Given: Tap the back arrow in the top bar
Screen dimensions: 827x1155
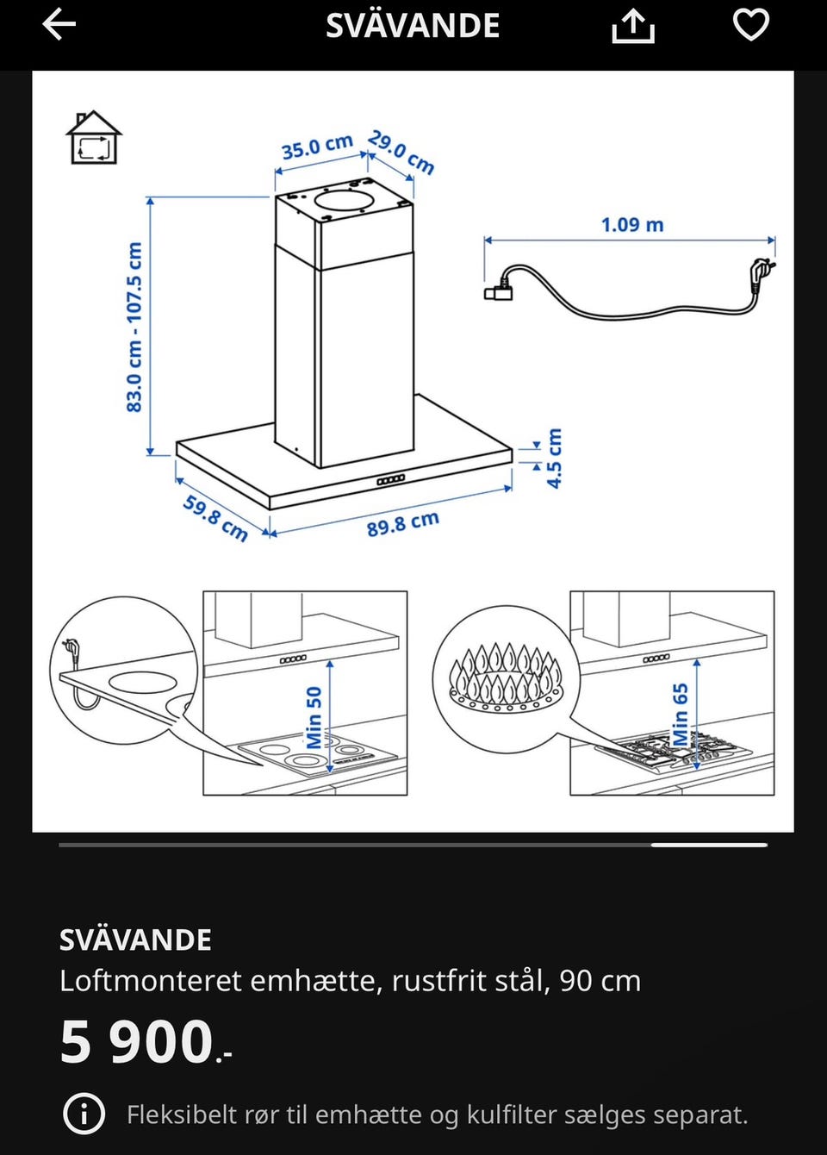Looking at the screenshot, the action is coord(59,24).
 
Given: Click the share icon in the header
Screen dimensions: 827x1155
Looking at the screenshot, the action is coord(633,27).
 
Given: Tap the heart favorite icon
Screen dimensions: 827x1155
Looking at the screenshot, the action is coord(750,24).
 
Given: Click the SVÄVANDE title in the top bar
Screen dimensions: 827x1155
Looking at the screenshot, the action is coord(413,25).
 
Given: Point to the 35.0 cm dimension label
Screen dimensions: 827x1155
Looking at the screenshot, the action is coord(317,146).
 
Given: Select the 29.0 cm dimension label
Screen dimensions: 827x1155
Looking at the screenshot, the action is coord(401,153).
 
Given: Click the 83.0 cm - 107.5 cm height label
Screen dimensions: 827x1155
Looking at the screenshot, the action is coord(134,327).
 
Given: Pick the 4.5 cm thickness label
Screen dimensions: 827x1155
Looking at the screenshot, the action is coord(555,458).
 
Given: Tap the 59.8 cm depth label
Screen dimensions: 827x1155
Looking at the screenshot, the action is coord(215,518).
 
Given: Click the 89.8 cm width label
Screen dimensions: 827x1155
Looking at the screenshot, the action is coord(403,524).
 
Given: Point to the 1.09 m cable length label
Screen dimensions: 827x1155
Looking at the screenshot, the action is coord(632,225).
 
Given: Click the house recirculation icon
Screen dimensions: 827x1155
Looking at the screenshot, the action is coord(94,137).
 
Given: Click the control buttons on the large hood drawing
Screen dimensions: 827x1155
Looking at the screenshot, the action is coord(390,480).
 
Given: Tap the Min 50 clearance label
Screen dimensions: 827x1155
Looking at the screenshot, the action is coord(314,717).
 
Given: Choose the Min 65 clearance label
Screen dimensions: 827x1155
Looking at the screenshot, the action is coord(681,715).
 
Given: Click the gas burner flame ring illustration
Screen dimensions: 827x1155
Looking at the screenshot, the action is coord(506,677).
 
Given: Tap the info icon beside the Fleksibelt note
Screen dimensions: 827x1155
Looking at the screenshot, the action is coord(84,1114).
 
